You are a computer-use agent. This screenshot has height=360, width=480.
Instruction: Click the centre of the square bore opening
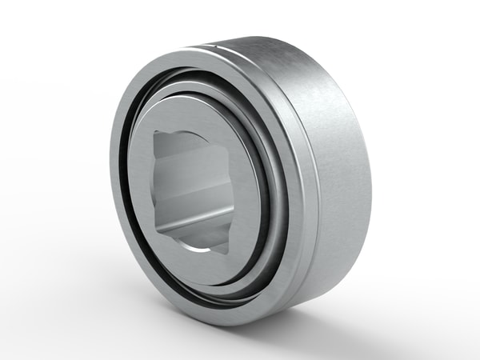point(193,190)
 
